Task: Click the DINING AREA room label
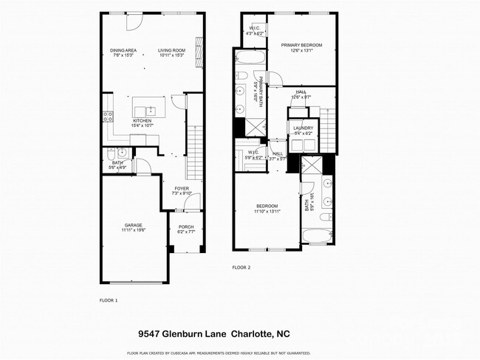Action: point(123,50)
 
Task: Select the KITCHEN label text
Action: point(142,120)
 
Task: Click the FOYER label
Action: point(181,188)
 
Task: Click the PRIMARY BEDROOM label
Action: point(301,45)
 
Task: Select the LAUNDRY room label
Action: point(303,128)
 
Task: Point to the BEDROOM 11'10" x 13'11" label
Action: point(267,206)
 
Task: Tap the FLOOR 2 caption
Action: point(241,267)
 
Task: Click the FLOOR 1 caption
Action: point(108,300)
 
